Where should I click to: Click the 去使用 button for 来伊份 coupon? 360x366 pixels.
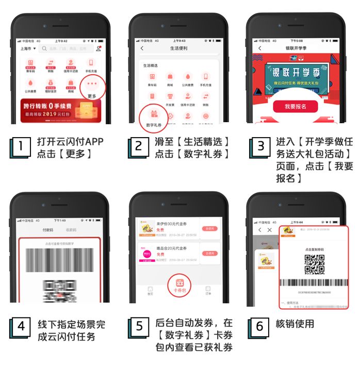click(x=209, y=228)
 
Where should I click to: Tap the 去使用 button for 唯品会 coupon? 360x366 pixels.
click(x=209, y=253)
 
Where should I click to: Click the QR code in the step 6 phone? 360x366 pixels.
click(x=314, y=263)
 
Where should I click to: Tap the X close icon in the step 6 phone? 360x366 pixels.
click(x=269, y=230)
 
